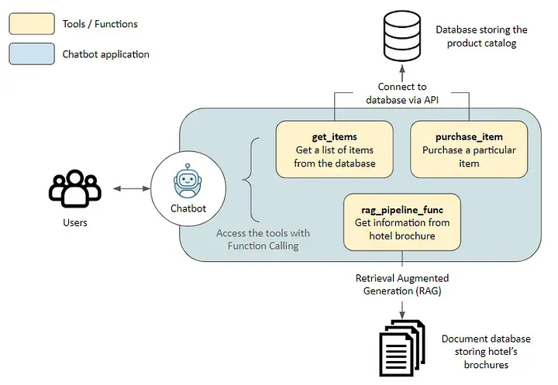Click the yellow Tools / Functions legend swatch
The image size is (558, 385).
(x=31, y=24)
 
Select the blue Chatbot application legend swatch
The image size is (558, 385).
(x=31, y=54)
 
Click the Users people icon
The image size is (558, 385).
(x=74, y=189)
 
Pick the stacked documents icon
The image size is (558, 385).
(x=401, y=345)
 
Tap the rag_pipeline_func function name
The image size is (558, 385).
(x=401, y=209)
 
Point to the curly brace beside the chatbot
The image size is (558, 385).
(x=248, y=179)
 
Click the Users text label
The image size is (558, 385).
(x=74, y=223)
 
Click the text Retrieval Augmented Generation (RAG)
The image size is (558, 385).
(x=401, y=284)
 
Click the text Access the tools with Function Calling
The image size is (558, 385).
(x=263, y=239)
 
